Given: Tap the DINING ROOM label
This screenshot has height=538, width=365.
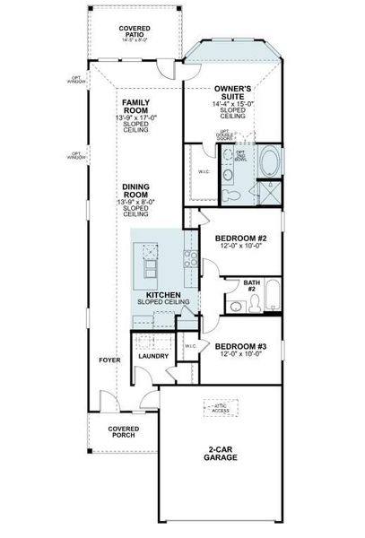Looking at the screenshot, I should point(135,192).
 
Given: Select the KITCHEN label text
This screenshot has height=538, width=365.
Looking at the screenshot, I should point(163,294).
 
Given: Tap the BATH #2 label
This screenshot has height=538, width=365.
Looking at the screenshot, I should point(252,285).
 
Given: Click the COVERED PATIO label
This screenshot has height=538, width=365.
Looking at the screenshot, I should point(135,32).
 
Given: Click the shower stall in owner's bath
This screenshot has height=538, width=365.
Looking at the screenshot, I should point(267,192).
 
